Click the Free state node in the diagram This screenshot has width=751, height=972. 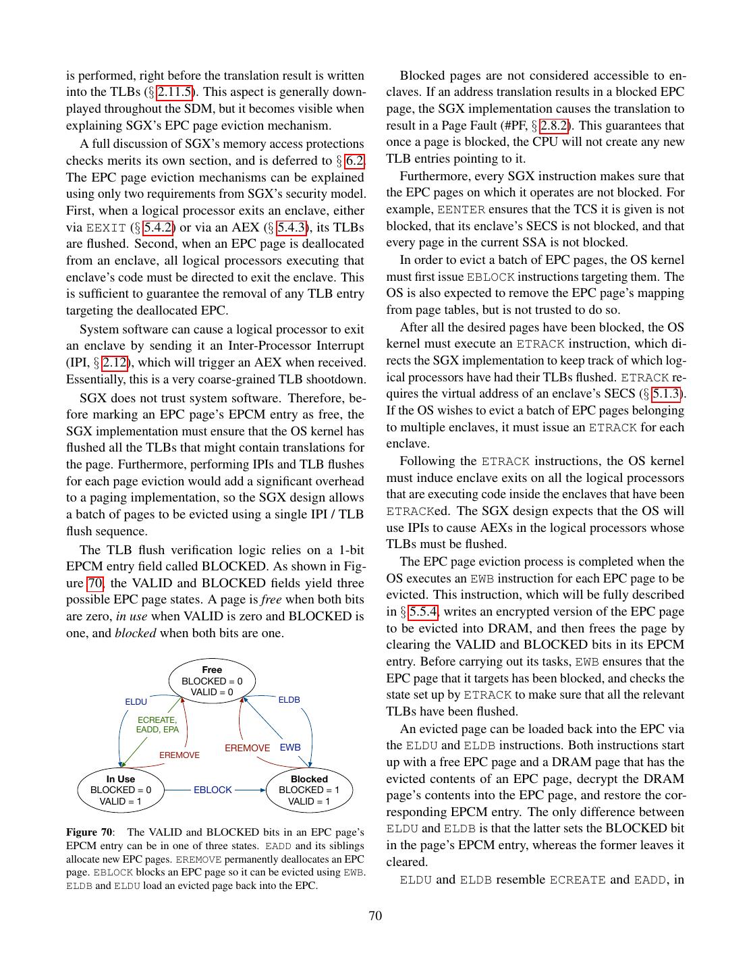tap(212, 680)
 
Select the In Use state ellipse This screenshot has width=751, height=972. tap(121, 790)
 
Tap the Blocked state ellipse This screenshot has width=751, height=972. tap(309, 790)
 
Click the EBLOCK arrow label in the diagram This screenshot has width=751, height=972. tap(213, 790)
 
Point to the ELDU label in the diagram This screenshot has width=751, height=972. tap(136, 702)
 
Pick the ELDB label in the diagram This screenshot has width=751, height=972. tap(289, 700)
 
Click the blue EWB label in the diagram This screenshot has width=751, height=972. tap(290, 747)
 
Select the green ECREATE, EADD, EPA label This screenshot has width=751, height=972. tap(157, 724)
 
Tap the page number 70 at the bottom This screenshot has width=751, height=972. tap(375, 916)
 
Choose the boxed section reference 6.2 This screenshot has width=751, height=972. tap(355, 161)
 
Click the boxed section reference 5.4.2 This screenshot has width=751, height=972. tap(159, 227)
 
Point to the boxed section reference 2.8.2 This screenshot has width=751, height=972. tap(554, 126)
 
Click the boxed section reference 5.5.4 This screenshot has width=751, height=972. tap(422, 612)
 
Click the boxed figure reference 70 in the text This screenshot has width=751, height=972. tap(95, 583)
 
